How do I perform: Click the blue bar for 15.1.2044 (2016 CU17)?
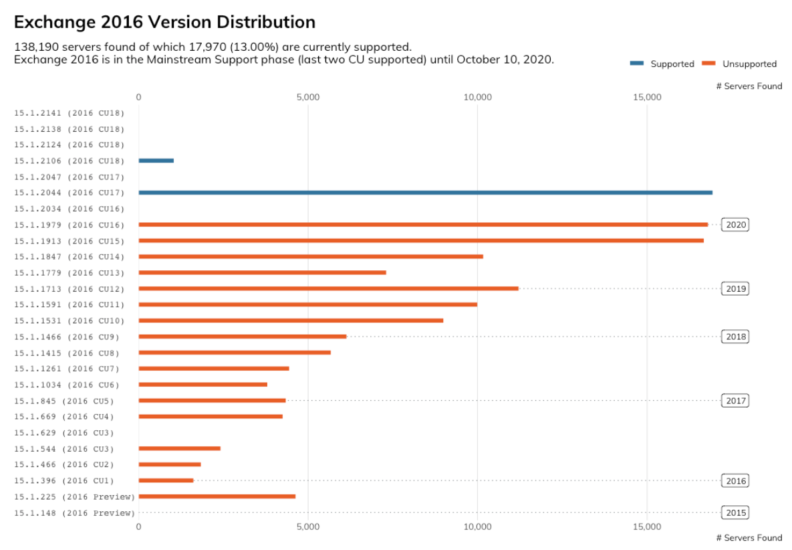[425, 193]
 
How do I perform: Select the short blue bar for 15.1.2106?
[156, 161]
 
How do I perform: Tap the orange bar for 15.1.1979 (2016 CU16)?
[422, 225]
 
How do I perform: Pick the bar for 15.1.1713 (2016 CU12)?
[328, 288]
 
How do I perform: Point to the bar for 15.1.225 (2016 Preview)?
[217, 496]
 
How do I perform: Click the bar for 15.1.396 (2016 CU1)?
[166, 480]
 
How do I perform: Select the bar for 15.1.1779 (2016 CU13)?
[262, 272]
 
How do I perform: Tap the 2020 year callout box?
[735, 225]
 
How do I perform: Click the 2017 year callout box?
[735, 401]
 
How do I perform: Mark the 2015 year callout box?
[735, 513]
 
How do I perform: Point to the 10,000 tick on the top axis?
[477, 98]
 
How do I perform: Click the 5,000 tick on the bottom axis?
[307, 527]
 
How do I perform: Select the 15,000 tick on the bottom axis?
[647, 527]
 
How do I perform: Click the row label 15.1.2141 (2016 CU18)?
[70, 113]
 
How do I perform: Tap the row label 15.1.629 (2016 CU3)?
[64, 433]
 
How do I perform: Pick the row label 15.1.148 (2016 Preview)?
[74, 513]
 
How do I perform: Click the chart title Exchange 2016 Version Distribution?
[164, 22]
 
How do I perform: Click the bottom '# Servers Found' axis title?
[749, 538]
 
